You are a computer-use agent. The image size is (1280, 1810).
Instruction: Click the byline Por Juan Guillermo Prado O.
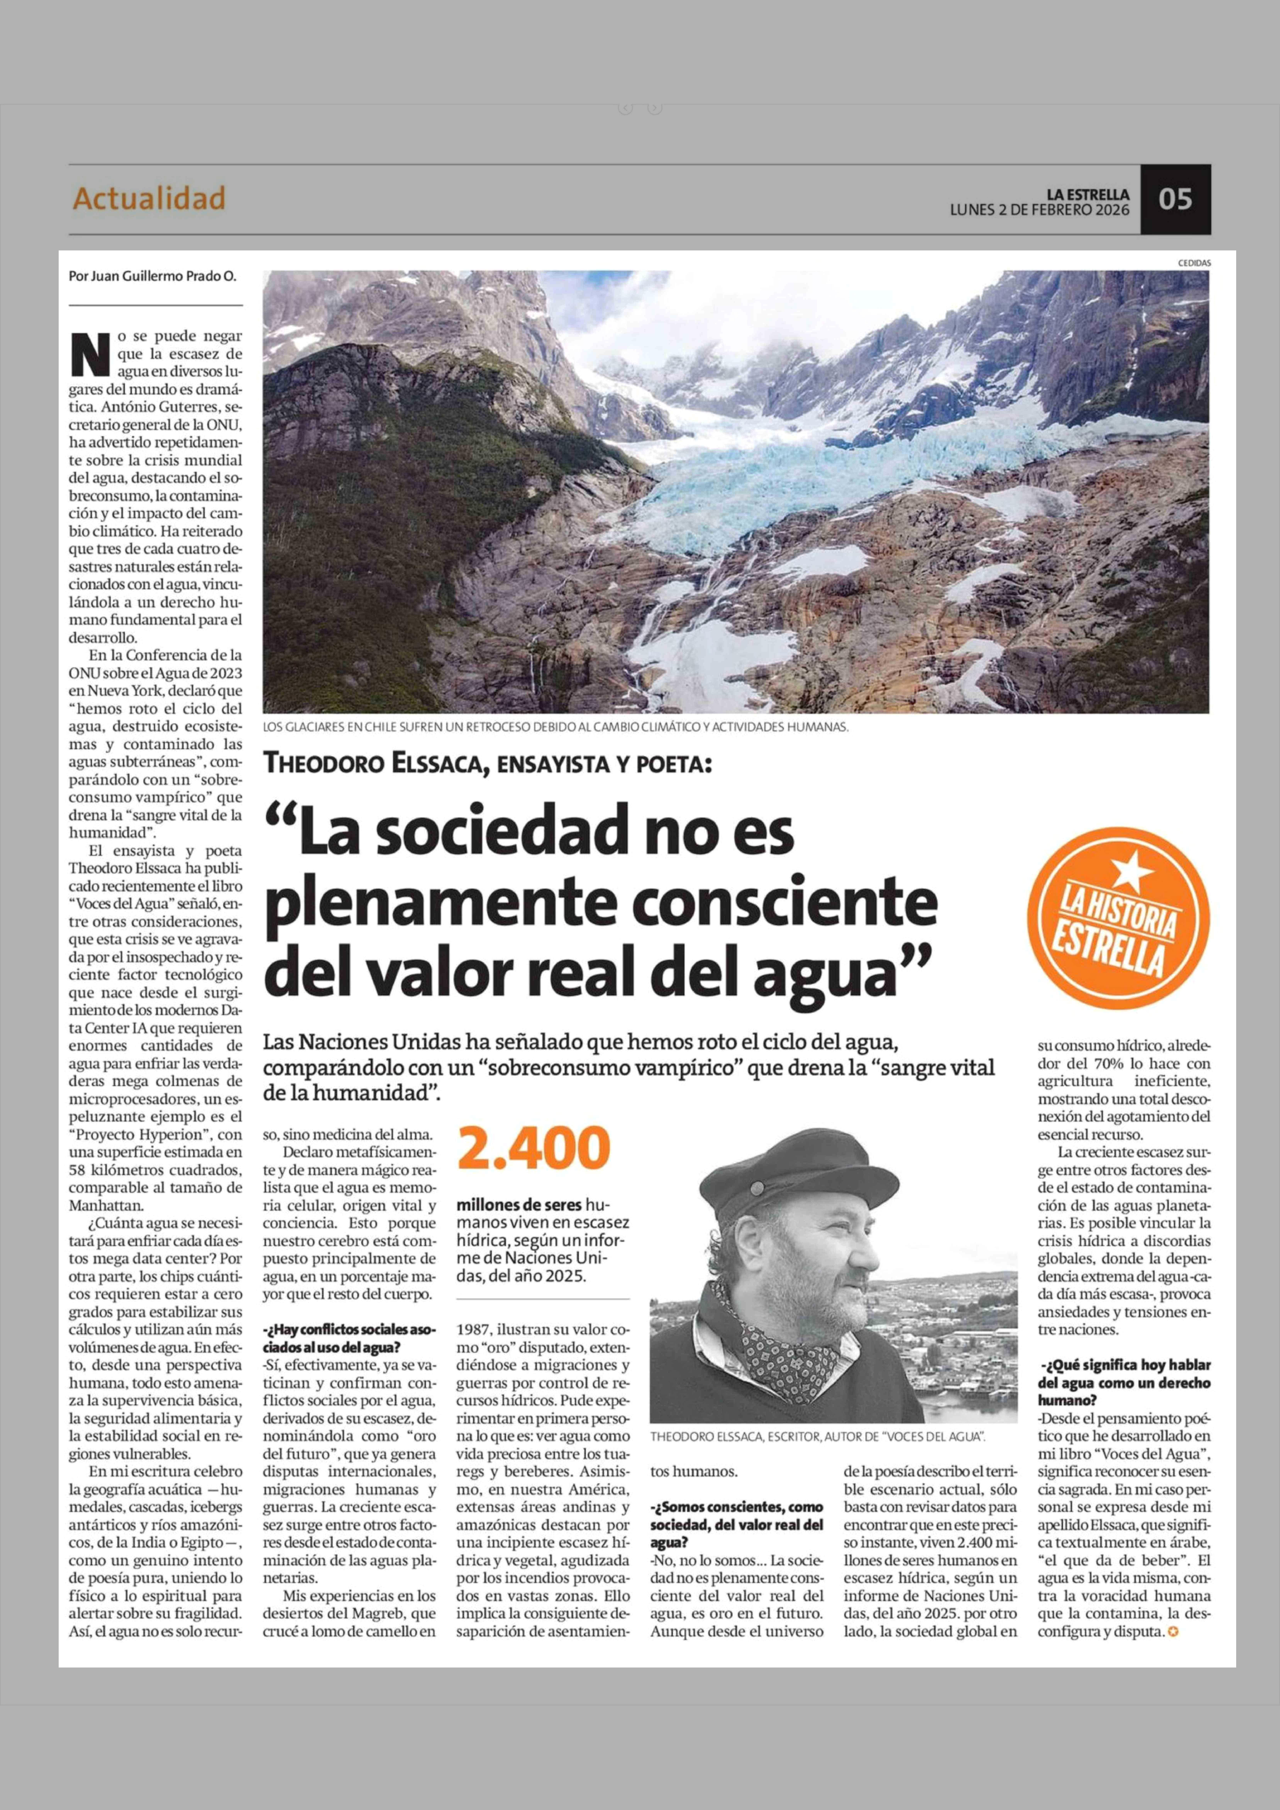click(x=152, y=277)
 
